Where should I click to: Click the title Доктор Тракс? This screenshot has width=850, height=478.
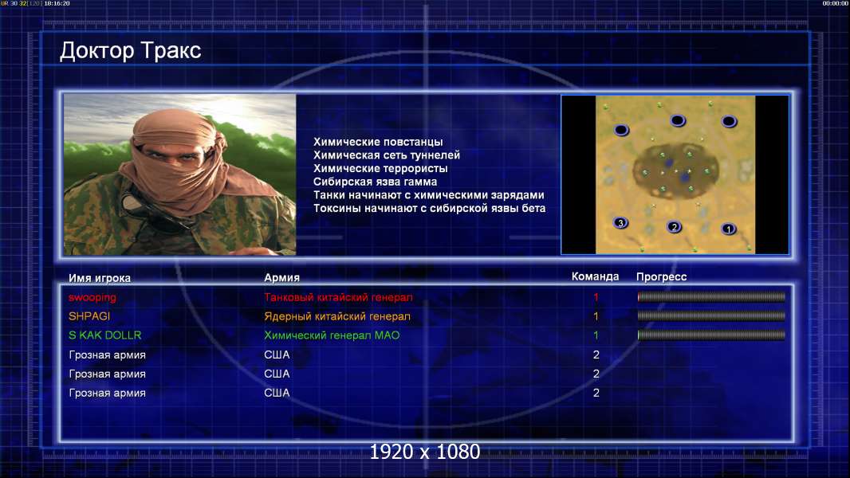(x=130, y=51)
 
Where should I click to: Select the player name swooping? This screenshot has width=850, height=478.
(x=92, y=297)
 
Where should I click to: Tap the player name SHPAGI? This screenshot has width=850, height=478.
(x=89, y=316)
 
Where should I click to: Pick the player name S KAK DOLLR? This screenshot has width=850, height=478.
(x=105, y=335)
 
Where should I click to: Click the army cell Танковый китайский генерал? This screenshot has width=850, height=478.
(x=338, y=297)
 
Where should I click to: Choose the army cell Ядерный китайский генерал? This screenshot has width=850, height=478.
(x=337, y=316)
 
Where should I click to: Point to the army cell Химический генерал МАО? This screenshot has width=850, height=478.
(x=332, y=335)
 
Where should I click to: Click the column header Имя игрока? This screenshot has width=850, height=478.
(x=99, y=278)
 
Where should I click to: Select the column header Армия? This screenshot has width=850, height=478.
(x=282, y=278)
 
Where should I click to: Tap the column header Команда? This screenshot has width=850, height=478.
(x=595, y=276)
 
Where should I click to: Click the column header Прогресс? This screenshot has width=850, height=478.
(x=661, y=276)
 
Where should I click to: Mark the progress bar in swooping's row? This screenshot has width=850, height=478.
(x=711, y=296)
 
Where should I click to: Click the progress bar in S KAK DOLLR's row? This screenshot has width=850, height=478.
(x=711, y=335)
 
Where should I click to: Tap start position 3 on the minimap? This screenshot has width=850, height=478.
(x=620, y=222)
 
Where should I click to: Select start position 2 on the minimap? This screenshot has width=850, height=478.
(x=674, y=227)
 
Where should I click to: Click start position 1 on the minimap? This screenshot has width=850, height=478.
(x=729, y=229)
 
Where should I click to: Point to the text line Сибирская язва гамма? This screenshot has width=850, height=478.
(x=375, y=182)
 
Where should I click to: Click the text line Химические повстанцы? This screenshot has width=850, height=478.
(x=378, y=142)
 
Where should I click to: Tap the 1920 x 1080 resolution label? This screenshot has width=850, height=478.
(x=425, y=452)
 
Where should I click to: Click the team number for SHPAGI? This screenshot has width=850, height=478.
(x=596, y=316)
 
